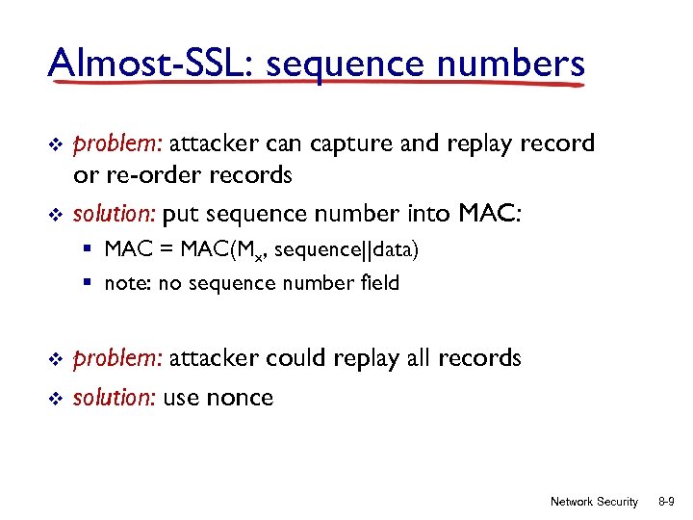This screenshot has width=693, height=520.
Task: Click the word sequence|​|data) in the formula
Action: coord(346,250)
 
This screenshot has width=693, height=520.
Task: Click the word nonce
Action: coord(237,397)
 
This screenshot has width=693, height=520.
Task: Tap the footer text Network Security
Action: coord(593,502)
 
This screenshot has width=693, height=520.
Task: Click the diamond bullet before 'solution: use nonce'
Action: coord(55,398)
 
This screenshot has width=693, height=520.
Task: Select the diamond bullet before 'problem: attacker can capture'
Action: coord(55,144)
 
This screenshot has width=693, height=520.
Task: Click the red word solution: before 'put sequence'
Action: coord(115,213)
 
